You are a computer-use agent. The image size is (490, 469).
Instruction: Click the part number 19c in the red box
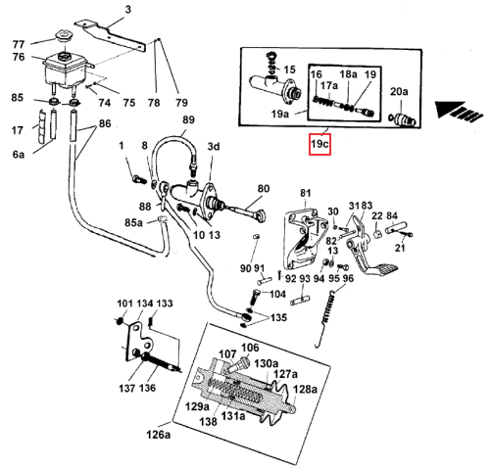[319, 144]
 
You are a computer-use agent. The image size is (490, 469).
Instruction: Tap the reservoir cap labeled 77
[62, 35]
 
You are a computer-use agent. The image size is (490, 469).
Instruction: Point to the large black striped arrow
[459, 111]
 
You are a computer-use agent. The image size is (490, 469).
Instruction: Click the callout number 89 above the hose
[188, 119]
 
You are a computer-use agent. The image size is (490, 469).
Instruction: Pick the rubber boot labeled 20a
[402, 119]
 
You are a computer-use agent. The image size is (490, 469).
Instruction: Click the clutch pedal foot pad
[386, 270]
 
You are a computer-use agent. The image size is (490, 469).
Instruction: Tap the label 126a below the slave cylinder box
[159, 435]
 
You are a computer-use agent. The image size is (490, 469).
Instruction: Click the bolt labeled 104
[256, 297]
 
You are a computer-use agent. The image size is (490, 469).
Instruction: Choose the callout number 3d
[214, 147]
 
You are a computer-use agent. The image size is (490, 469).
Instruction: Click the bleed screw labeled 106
[240, 364]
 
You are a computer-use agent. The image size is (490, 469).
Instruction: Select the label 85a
[134, 222]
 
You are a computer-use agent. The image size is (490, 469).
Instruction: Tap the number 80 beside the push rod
[264, 189]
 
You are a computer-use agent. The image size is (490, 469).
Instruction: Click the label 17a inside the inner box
[329, 86]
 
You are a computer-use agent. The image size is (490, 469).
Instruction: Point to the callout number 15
[289, 70]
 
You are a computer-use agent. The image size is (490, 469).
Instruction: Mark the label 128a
[305, 390]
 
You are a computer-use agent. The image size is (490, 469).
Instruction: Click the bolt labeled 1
[138, 179]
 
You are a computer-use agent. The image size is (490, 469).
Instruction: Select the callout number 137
[127, 389]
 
